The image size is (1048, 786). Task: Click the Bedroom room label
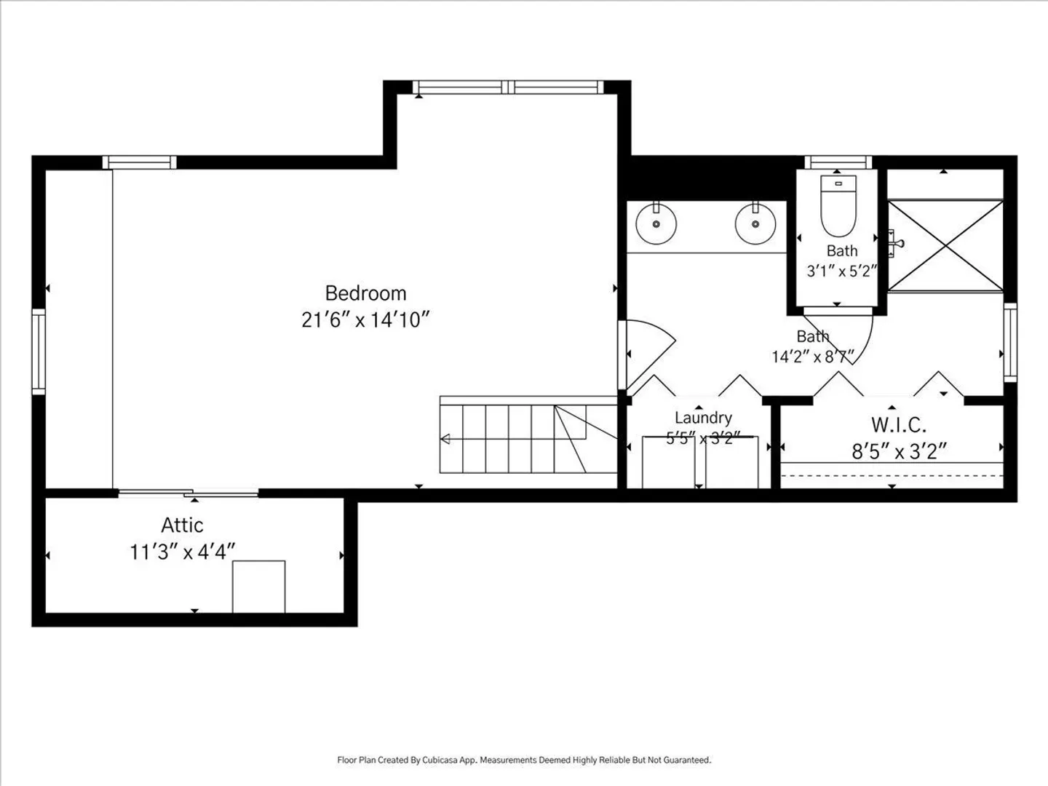(365, 293)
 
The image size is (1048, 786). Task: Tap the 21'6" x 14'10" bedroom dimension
(365, 319)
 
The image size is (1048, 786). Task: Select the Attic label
(182, 525)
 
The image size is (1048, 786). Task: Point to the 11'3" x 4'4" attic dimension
(183, 552)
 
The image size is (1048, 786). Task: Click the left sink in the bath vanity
(656, 223)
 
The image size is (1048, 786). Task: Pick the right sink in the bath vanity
(755, 223)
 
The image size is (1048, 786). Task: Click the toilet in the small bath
(838, 206)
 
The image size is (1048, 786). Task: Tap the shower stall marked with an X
(945, 245)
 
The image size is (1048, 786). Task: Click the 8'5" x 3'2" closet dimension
(899, 451)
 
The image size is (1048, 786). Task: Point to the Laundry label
(703, 418)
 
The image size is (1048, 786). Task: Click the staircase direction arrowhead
(445, 439)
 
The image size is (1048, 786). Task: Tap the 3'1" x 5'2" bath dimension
(842, 271)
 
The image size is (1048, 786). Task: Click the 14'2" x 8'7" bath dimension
(813, 356)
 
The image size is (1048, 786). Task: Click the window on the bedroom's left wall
(39, 352)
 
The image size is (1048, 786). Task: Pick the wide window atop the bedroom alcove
(508, 87)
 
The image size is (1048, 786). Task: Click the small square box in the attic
(259, 587)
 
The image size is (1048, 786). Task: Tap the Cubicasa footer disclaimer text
(524, 760)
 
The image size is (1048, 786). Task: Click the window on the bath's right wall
(1010, 342)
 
